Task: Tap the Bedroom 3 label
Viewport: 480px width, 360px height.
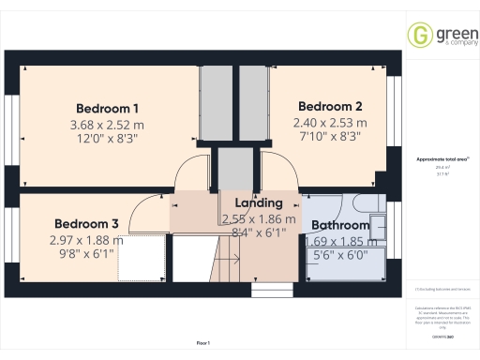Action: tap(86, 224)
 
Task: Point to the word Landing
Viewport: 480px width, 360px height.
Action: tap(259, 203)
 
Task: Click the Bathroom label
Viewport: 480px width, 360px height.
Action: tap(340, 226)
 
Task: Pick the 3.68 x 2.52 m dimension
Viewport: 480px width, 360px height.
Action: tap(107, 124)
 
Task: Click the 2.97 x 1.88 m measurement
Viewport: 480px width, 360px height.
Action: tap(86, 240)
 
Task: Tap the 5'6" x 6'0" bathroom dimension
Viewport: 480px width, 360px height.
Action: tap(337, 254)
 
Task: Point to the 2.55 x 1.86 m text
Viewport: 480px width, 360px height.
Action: tap(259, 219)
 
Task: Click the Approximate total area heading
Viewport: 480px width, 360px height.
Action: tap(441, 159)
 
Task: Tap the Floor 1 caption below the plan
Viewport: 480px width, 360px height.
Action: tap(202, 343)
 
